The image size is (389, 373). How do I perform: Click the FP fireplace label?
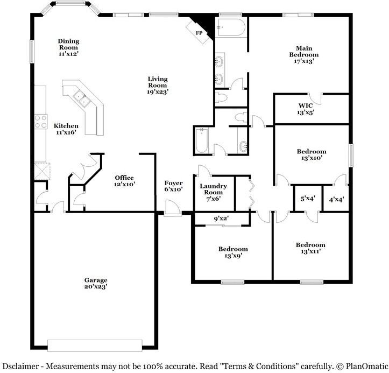[199, 33]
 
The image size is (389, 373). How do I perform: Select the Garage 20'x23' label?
[95, 283]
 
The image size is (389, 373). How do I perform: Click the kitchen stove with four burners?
[40, 122]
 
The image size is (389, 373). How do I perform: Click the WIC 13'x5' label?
[306, 109]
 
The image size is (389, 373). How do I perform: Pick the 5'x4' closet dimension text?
[307, 199]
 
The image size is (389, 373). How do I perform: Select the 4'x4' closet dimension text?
[336, 199]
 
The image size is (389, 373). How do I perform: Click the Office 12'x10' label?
[124, 181]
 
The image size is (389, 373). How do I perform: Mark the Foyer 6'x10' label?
[173, 186]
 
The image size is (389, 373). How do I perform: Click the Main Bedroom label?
[304, 54]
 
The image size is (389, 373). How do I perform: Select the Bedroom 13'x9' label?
[233, 252]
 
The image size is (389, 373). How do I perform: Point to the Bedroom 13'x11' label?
[310, 248]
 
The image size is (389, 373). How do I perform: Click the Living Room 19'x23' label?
[158, 86]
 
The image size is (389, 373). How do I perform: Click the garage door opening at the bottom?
[95, 344]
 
